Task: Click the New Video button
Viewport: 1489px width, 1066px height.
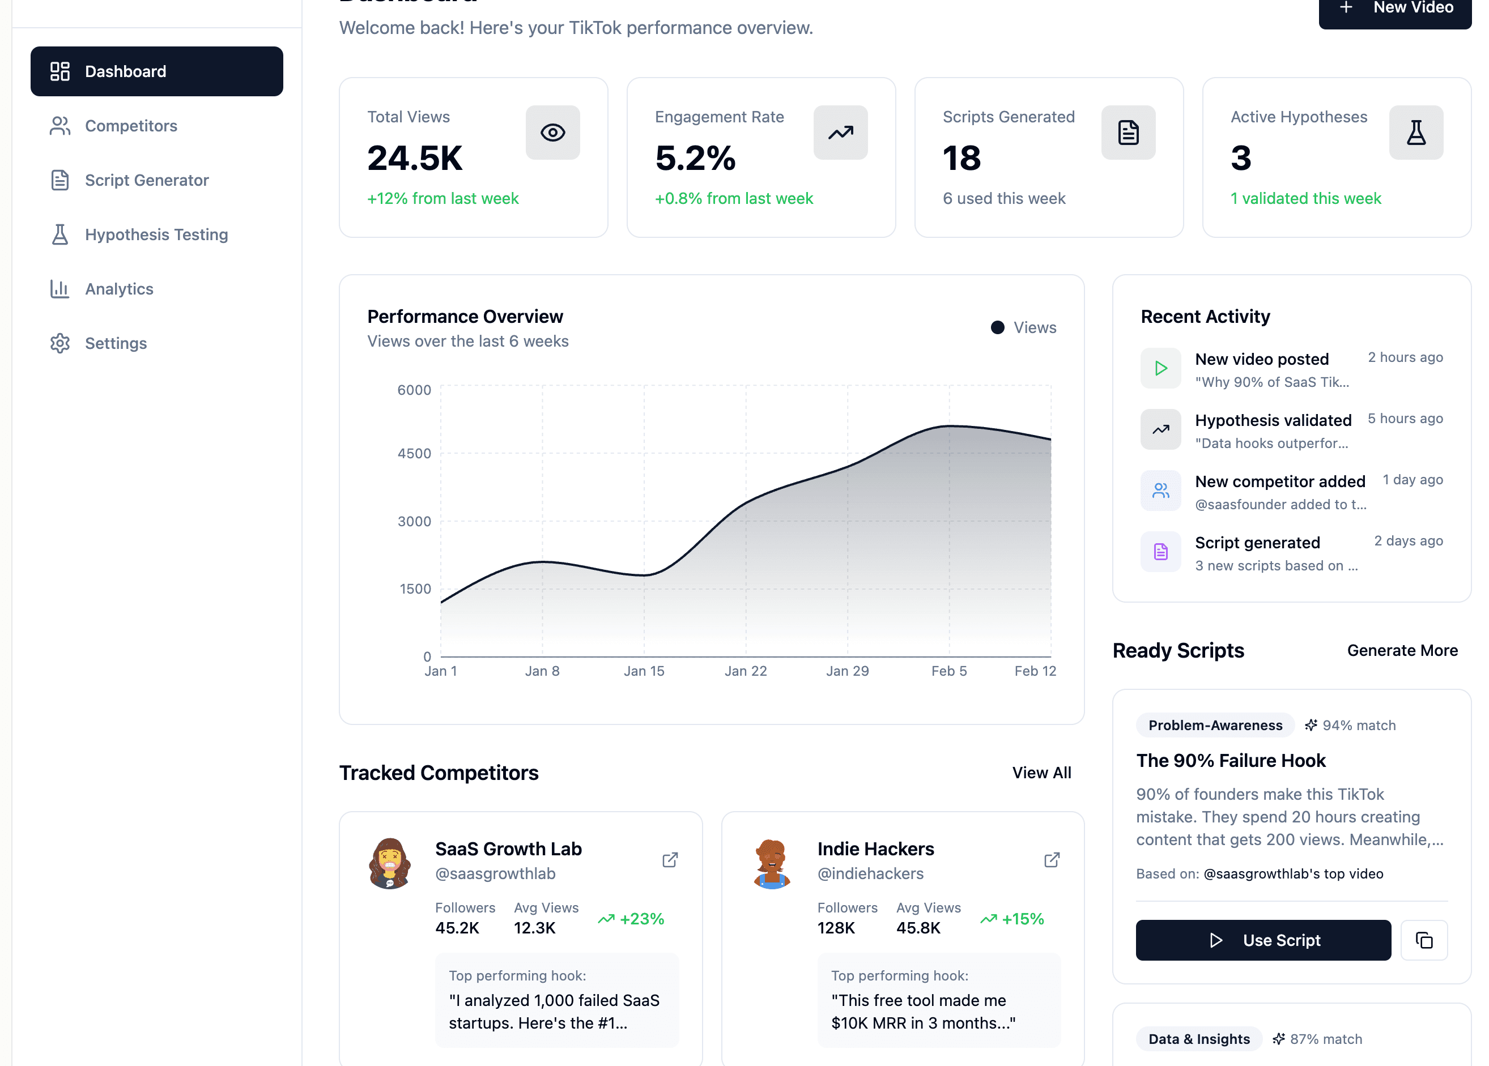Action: tap(1394, 9)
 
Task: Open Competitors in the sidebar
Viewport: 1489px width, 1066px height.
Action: tap(131, 126)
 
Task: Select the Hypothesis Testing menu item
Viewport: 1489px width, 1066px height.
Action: tap(156, 234)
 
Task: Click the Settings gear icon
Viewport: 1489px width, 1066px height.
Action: tap(59, 343)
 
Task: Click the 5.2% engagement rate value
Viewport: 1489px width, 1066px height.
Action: tap(695, 158)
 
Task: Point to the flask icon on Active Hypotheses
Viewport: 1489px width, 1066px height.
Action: tap(1415, 133)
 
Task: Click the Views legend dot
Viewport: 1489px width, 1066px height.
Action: tap(997, 327)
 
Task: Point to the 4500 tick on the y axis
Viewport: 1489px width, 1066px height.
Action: tap(414, 454)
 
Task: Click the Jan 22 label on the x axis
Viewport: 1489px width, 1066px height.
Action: tap(745, 671)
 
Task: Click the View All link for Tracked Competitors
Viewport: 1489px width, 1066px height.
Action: tap(1041, 773)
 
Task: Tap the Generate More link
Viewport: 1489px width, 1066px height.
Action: tap(1402, 650)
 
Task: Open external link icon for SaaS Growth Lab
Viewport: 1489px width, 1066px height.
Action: tap(670, 860)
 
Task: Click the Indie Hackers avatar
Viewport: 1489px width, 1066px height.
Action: tap(772, 863)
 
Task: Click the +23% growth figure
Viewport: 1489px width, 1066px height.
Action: tap(641, 919)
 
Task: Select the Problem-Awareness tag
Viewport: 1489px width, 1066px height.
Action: tap(1215, 726)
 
